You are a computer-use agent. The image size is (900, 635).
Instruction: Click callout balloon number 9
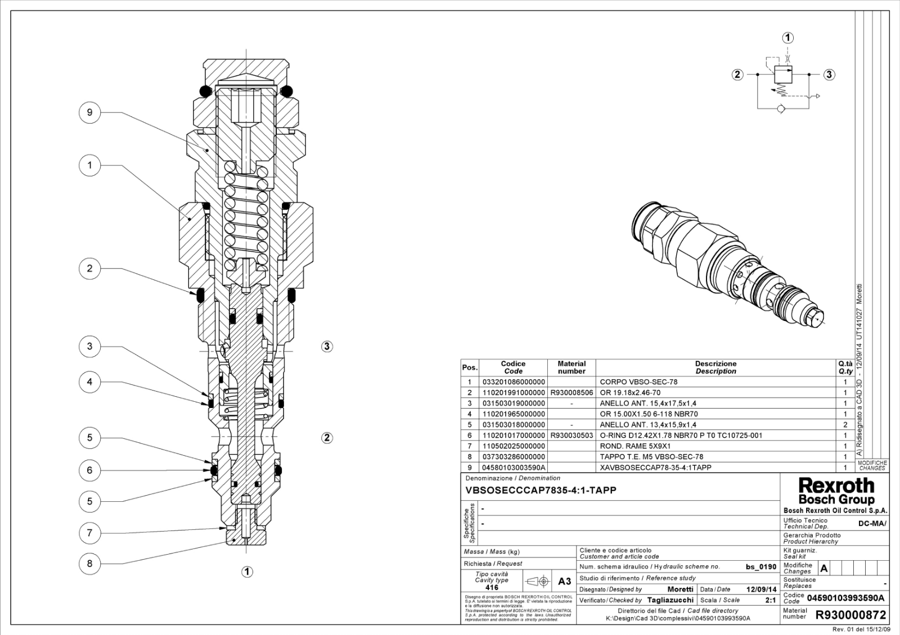(89, 112)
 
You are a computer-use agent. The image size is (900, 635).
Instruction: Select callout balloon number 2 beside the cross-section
(89, 268)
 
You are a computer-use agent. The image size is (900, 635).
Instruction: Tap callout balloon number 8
(89, 563)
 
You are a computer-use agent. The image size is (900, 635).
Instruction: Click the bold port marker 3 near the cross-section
(327, 346)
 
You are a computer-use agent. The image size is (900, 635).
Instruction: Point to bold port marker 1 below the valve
(247, 571)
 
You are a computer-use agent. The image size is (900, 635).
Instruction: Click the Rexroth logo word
(836, 486)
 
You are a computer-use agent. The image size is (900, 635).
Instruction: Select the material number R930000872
(850, 615)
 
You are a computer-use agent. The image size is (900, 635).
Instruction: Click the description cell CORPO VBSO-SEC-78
(638, 382)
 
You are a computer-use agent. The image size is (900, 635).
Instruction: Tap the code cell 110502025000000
(513, 446)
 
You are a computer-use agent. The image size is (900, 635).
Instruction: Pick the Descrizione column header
(715, 364)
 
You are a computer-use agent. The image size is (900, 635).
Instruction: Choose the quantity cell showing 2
(844, 425)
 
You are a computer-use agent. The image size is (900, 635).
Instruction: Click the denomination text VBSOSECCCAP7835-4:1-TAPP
(541, 490)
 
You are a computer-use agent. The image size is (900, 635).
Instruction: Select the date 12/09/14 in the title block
(761, 589)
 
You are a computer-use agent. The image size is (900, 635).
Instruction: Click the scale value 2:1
(771, 600)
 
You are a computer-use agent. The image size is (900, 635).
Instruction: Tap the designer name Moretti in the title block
(680, 589)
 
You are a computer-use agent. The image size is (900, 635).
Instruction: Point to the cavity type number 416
(492, 587)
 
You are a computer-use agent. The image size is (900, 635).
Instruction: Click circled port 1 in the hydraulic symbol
(788, 38)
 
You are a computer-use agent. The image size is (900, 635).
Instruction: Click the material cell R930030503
(571, 435)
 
